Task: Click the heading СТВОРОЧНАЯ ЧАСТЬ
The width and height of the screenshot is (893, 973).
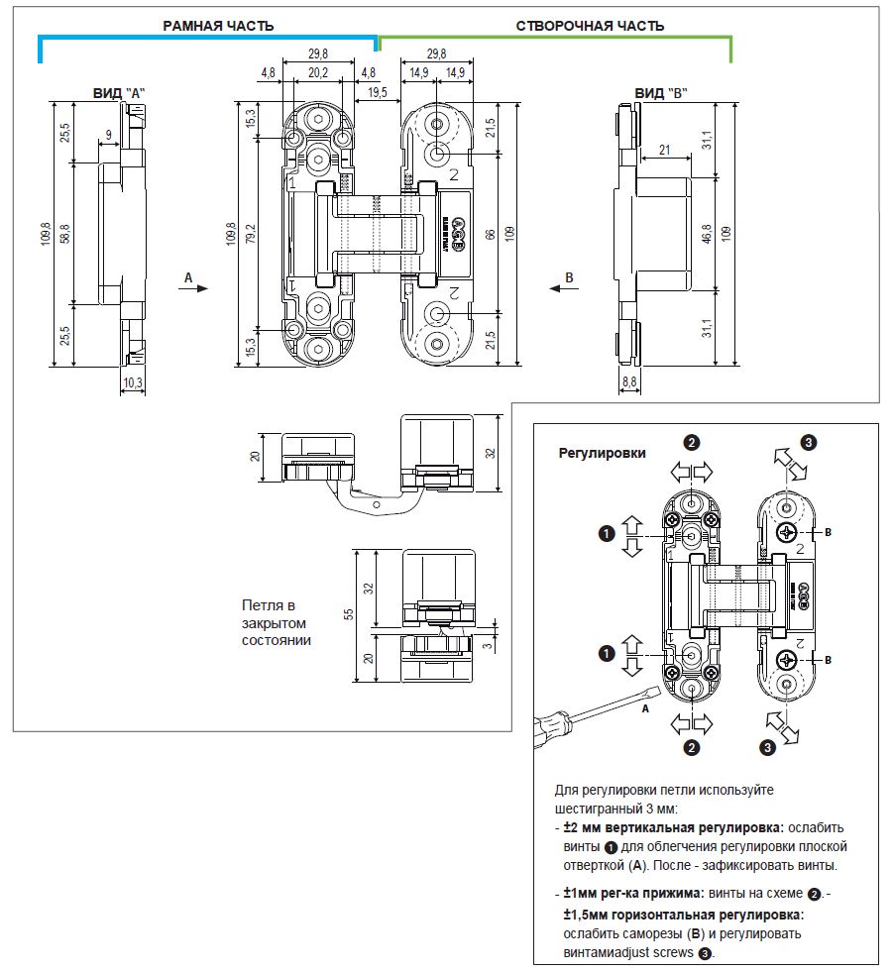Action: pyautogui.click(x=591, y=26)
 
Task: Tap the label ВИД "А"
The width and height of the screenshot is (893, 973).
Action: pyautogui.click(x=119, y=92)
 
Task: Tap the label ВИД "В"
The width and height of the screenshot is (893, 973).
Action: pyautogui.click(x=661, y=92)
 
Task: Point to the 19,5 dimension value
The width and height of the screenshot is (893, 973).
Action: pyautogui.click(x=378, y=92)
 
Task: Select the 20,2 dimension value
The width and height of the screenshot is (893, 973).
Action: pyautogui.click(x=318, y=72)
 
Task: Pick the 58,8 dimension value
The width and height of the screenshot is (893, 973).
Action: pyautogui.click(x=64, y=235)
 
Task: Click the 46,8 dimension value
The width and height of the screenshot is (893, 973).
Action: pyautogui.click(x=707, y=235)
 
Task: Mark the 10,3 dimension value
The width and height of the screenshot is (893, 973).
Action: pyautogui.click(x=133, y=381)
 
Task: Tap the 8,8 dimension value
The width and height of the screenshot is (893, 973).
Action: pyautogui.click(x=628, y=381)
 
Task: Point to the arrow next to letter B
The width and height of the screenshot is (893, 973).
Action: pyautogui.click(x=562, y=288)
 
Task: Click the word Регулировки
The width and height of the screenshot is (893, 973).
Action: pyautogui.click(x=602, y=453)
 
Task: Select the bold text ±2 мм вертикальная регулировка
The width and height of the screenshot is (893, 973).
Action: pyautogui.click(x=673, y=827)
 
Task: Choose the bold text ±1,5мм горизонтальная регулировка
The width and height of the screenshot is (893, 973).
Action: pyautogui.click(x=683, y=915)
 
